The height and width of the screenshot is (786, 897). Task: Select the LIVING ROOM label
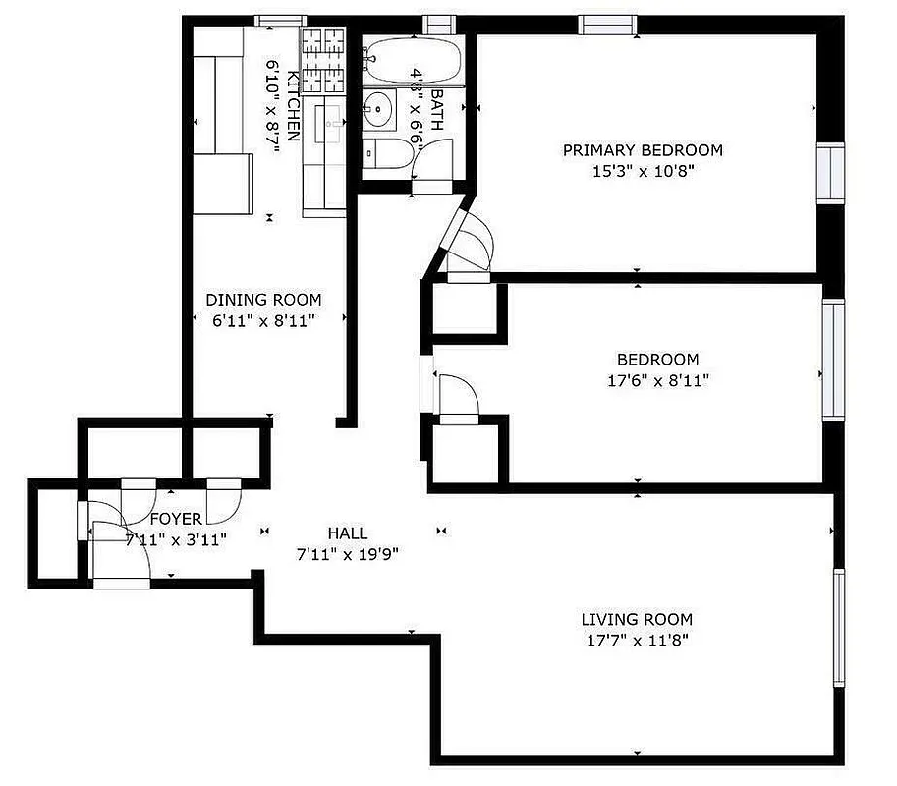coord(637,619)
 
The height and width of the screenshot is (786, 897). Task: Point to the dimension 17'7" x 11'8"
coord(637,641)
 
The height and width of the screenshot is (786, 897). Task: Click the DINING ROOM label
coord(262,300)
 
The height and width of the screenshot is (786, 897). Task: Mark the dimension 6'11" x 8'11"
coord(262,320)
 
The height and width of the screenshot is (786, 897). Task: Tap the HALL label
coord(348,533)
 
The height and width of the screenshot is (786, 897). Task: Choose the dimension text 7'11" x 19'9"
coord(348,553)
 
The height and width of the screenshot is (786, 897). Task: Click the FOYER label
coord(176,519)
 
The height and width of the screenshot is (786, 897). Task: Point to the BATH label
coord(436,110)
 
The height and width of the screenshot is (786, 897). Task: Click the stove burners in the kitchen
coord(323,60)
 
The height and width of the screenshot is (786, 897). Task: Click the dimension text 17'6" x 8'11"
coord(657,380)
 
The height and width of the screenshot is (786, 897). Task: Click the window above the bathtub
coord(436,24)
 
